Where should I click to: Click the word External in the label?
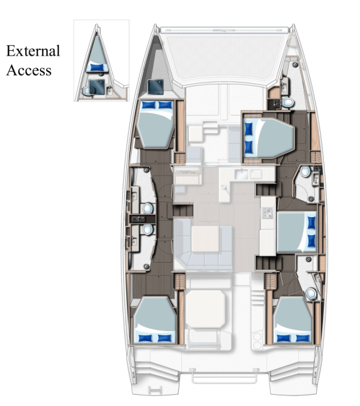pyautogui.click(x=32, y=51)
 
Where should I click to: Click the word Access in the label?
pyautogui.click(x=29, y=71)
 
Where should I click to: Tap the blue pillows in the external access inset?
pyautogui.click(x=97, y=67)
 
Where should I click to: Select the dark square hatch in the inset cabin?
pyautogui.click(x=96, y=85)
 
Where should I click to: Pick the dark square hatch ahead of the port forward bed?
pyautogui.click(x=155, y=86)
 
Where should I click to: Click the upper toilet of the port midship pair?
pyautogui.click(x=148, y=208)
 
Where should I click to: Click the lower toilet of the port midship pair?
pyautogui.click(x=148, y=230)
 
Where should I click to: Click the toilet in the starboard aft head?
pyautogui.click(x=311, y=292)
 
